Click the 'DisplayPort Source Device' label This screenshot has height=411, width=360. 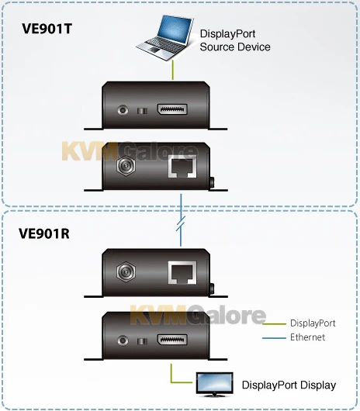tap(235, 40)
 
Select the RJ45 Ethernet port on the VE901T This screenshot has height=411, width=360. tap(182, 168)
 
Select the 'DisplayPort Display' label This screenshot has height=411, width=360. tap(289, 385)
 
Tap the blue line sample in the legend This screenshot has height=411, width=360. tap(275, 337)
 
